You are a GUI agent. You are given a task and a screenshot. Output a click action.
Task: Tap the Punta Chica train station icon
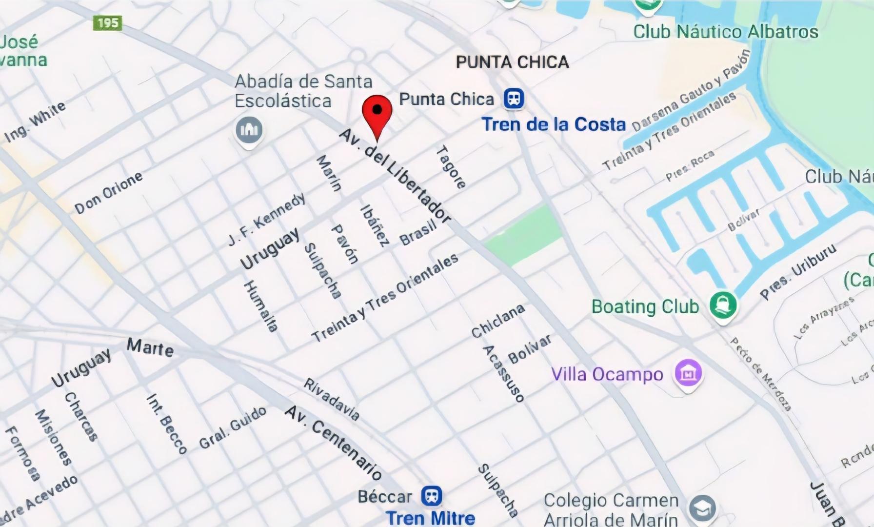[514, 99]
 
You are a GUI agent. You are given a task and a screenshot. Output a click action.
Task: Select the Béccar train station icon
[432, 496]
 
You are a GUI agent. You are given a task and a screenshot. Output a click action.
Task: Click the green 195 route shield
[107, 23]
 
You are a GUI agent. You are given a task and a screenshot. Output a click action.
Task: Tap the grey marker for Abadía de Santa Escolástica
[249, 130]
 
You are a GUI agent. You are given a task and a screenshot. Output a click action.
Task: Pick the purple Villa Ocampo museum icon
[688, 373]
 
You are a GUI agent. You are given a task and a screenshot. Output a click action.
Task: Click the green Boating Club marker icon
[723, 305]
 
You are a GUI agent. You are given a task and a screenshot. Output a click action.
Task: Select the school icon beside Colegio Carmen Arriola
[702, 508]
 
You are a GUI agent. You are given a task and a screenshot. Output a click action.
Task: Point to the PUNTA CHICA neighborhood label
[512, 62]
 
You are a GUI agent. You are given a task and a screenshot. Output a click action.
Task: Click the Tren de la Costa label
[554, 124]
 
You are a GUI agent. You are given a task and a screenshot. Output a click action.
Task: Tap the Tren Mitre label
[430, 518]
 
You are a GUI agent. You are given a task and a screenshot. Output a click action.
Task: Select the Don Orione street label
[109, 192]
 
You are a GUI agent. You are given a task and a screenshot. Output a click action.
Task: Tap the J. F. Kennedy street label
[267, 219]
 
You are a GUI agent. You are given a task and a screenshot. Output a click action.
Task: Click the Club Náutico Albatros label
[725, 32]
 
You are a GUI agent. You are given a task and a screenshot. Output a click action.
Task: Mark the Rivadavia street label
[332, 399]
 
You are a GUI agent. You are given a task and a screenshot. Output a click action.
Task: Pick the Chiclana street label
[498, 321]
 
